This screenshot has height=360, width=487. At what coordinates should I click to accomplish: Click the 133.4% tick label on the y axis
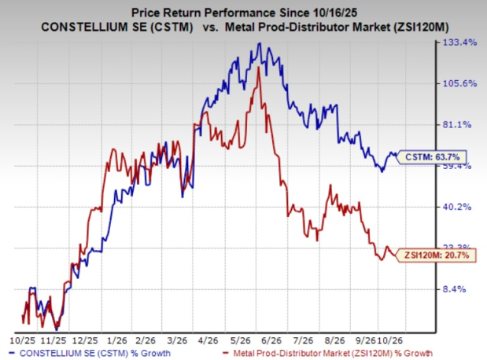pos(459,42)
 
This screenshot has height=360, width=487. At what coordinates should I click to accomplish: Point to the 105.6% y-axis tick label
pos(459,83)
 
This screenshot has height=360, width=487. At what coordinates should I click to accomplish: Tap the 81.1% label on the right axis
pos(457,125)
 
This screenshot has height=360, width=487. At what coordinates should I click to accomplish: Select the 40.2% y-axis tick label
pos(457,207)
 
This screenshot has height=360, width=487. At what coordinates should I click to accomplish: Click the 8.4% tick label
pos(454,289)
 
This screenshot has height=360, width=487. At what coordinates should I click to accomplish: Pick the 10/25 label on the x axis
pos(23,340)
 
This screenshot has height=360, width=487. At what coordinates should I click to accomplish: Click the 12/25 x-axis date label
pos(85,340)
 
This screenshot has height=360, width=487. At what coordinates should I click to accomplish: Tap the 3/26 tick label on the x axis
pos(177,340)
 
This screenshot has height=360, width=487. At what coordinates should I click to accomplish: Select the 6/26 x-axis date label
pos(271,340)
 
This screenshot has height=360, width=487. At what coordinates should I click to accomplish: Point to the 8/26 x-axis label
pos(334,340)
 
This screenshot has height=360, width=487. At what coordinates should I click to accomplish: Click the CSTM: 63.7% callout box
pos(432,157)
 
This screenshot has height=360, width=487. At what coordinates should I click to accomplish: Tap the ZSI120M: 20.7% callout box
pos(436,255)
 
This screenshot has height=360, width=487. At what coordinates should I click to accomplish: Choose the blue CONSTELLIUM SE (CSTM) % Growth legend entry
pos(90,353)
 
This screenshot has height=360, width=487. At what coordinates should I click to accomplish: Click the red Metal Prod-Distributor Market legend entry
pos(327,353)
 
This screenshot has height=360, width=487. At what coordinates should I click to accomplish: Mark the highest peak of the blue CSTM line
pos(260,43)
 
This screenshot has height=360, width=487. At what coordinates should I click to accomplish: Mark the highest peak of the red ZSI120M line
pos(258,68)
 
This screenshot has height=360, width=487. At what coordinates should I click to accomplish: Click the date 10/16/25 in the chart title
pos(333,13)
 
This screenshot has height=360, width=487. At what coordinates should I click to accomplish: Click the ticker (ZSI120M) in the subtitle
pos(420,27)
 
